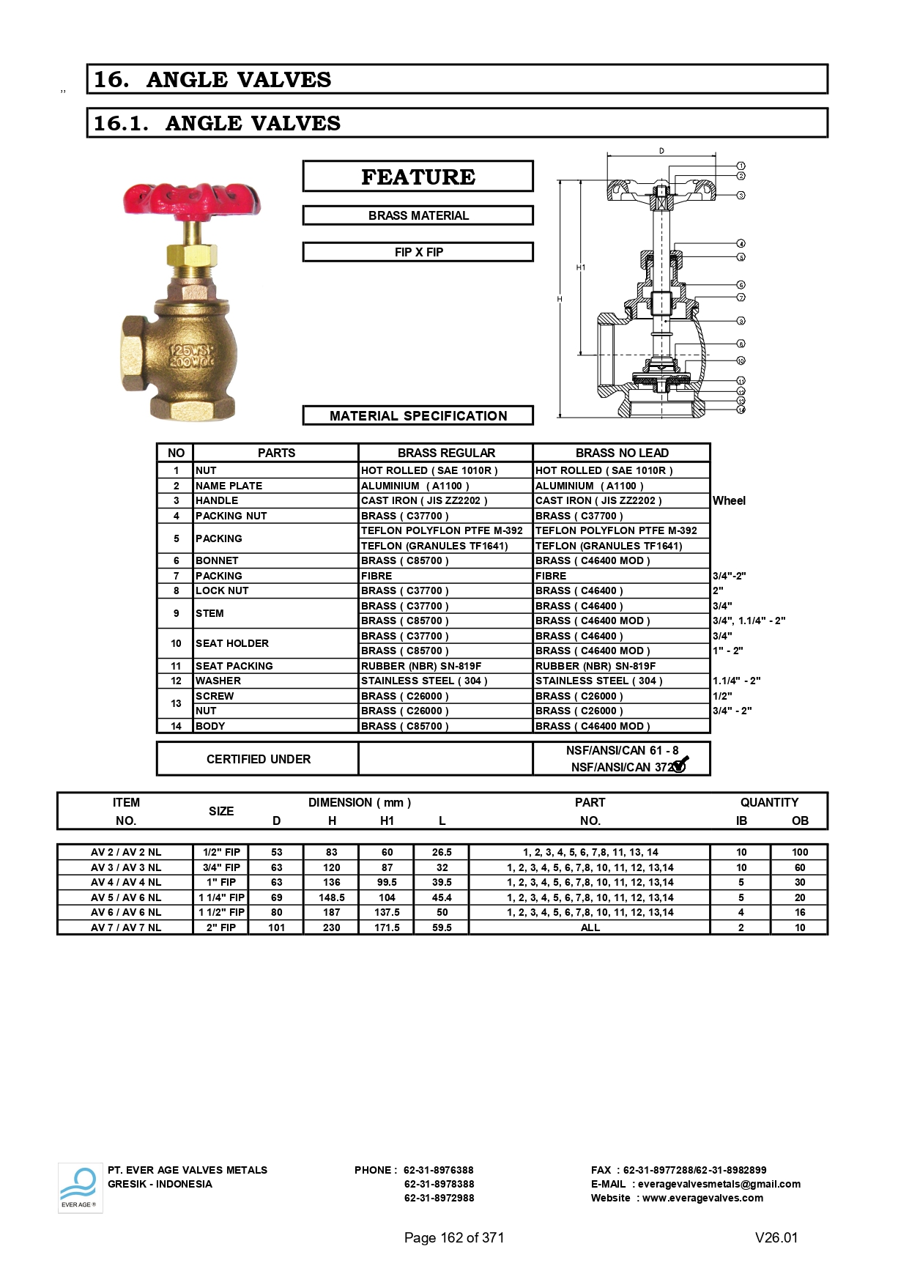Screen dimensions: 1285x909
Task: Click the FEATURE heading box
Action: [418, 177]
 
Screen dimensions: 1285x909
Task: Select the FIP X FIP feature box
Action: [418, 252]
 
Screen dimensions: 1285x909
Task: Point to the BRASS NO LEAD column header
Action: [622, 453]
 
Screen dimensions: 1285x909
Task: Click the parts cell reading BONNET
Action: [217, 560]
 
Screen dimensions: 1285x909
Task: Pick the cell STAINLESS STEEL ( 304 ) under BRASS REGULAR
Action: [424, 681]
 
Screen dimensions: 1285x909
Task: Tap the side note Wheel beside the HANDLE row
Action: [729, 500]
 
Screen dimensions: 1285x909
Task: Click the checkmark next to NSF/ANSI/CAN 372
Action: [680, 764]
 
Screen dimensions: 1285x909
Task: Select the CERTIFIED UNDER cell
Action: [258, 759]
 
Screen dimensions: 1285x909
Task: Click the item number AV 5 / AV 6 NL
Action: [126, 897]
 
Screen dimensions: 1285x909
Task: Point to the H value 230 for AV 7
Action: [332, 927]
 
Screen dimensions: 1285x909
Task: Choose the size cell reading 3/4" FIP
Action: [221, 867]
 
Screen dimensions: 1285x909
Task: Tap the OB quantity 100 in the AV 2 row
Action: [800, 852]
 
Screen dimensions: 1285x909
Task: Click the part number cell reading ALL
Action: [590, 927]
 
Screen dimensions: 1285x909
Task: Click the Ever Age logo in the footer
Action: [80, 1188]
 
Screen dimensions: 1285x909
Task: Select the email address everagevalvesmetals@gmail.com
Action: [719, 1184]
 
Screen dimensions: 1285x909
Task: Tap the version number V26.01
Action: [776, 1237]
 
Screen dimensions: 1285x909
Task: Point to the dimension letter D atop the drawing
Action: [661, 151]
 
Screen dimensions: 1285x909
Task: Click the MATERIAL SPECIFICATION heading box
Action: [418, 415]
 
